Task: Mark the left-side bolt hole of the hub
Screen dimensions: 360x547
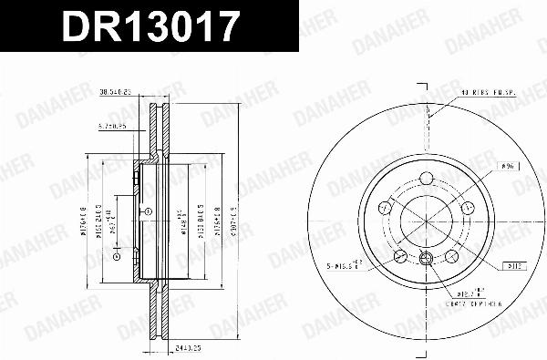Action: pyautogui.click(x=384, y=209)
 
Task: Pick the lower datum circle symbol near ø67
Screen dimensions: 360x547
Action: pyautogui.click(x=116, y=257)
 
